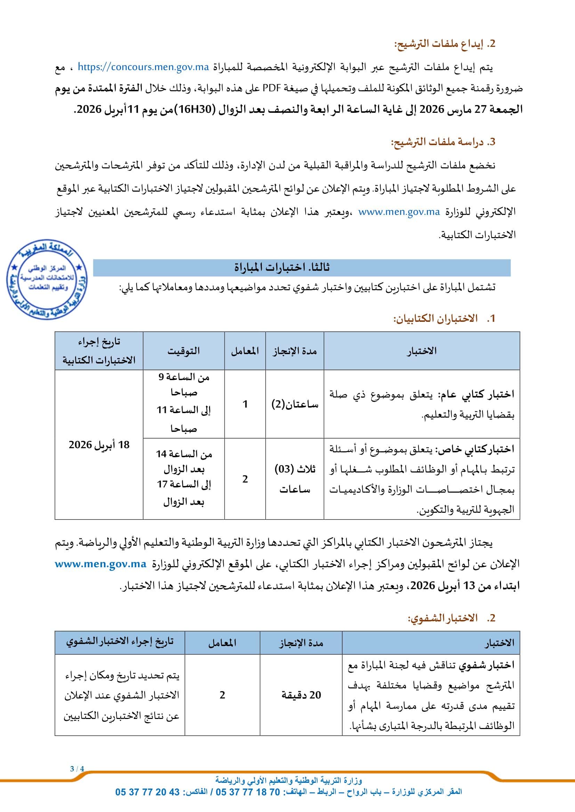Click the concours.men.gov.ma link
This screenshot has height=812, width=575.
[143, 67]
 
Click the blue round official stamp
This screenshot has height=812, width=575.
[47, 280]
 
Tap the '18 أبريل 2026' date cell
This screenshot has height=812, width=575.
[99, 445]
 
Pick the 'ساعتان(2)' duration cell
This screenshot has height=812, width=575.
[294, 404]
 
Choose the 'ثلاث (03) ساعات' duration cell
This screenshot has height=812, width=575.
[294, 479]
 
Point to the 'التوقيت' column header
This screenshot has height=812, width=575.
[184, 351]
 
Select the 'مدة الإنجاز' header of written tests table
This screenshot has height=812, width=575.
[294, 351]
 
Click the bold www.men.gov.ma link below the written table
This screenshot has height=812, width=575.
[100, 564]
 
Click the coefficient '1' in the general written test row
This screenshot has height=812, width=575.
[245, 404]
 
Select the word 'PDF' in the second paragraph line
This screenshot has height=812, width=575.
[270, 88]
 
